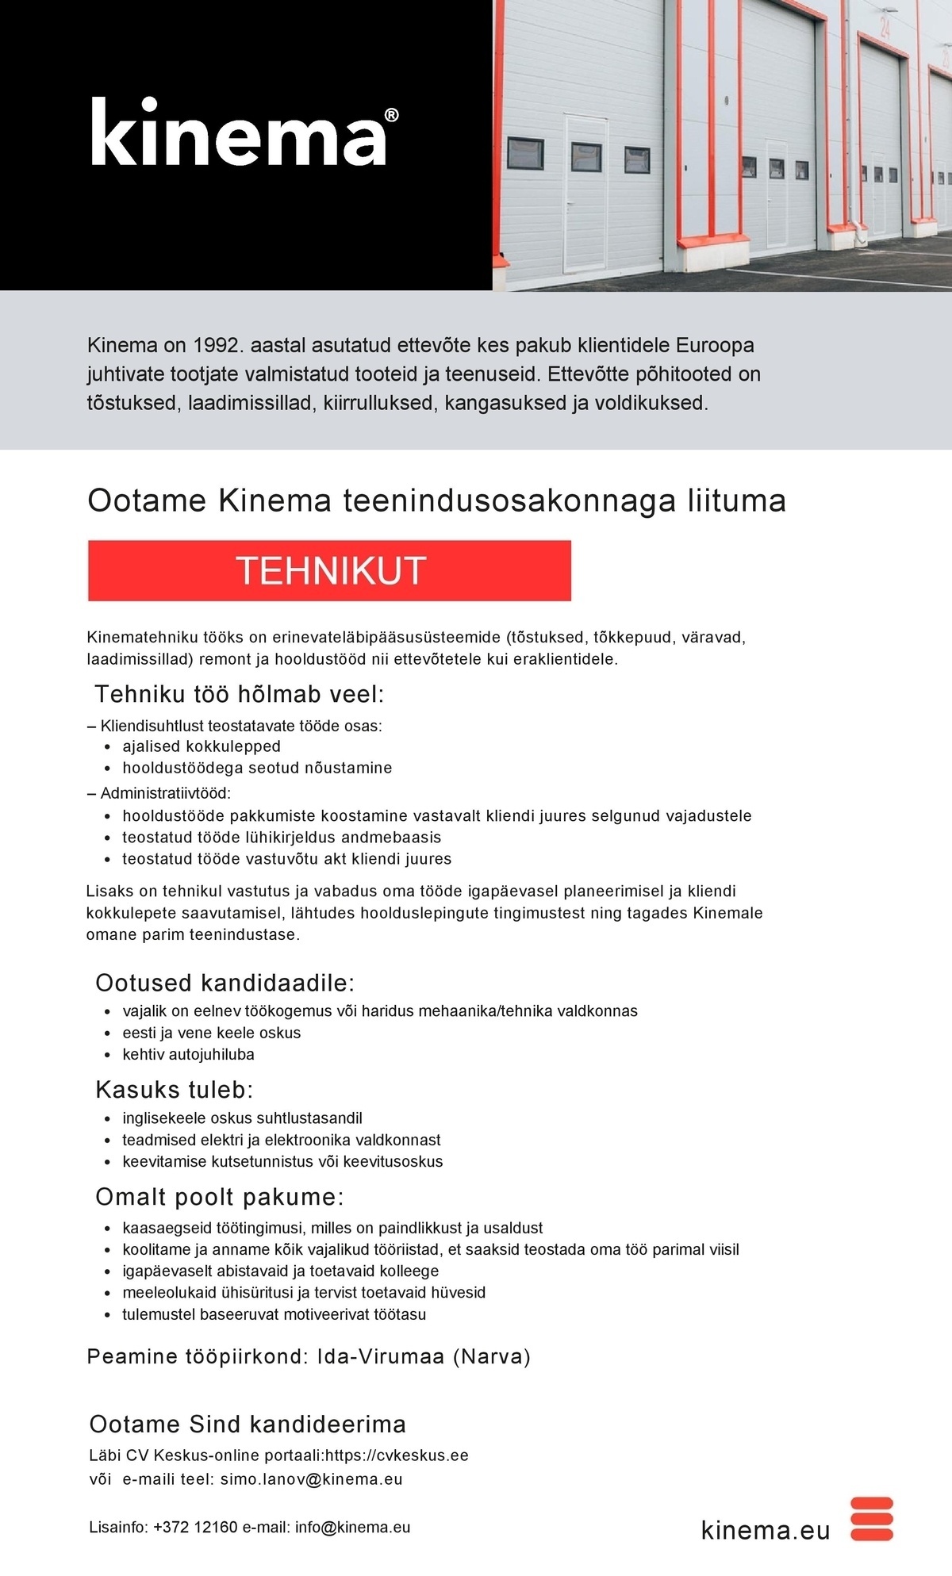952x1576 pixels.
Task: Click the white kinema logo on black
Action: pos(239,133)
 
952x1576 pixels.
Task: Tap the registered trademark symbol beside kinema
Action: pos(391,116)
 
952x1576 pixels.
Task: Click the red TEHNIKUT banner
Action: pos(329,570)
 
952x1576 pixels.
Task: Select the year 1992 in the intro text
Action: pos(215,346)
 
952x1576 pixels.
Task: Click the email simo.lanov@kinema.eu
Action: pos(311,1479)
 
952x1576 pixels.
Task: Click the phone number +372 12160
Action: pos(195,1528)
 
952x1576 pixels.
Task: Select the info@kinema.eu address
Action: pos(352,1528)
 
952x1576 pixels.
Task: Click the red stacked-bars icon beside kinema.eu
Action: pos(871,1519)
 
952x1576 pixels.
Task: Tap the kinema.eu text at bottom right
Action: pos(766,1530)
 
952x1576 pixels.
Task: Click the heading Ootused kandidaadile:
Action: pos(225,984)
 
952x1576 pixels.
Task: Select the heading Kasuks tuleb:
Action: pos(175,1090)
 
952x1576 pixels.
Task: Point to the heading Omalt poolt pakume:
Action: pos(220,1197)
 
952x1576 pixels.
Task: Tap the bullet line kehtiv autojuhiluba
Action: pos(188,1054)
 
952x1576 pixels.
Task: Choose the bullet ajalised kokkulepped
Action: pos(202,746)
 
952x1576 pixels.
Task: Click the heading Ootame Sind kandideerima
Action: pos(248,1425)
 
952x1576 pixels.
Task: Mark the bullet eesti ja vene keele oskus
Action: pos(211,1033)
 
